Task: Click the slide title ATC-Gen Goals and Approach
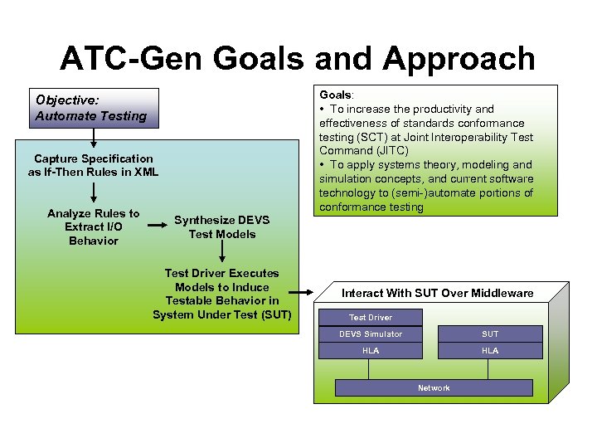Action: click(298, 59)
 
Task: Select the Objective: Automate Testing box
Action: click(91, 108)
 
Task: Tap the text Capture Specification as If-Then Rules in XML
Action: click(93, 165)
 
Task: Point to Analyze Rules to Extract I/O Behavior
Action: click(94, 226)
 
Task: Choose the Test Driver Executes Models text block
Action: click(221, 294)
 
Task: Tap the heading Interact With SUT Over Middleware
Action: click(437, 293)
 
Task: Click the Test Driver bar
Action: click(370, 317)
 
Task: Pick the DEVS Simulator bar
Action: click(370, 334)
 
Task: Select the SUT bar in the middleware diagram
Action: click(490, 334)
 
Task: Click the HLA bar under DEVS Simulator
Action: click(370, 351)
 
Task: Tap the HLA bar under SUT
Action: click(490, 351)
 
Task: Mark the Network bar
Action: click(434, 387)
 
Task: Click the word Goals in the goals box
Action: click(335, 95)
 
